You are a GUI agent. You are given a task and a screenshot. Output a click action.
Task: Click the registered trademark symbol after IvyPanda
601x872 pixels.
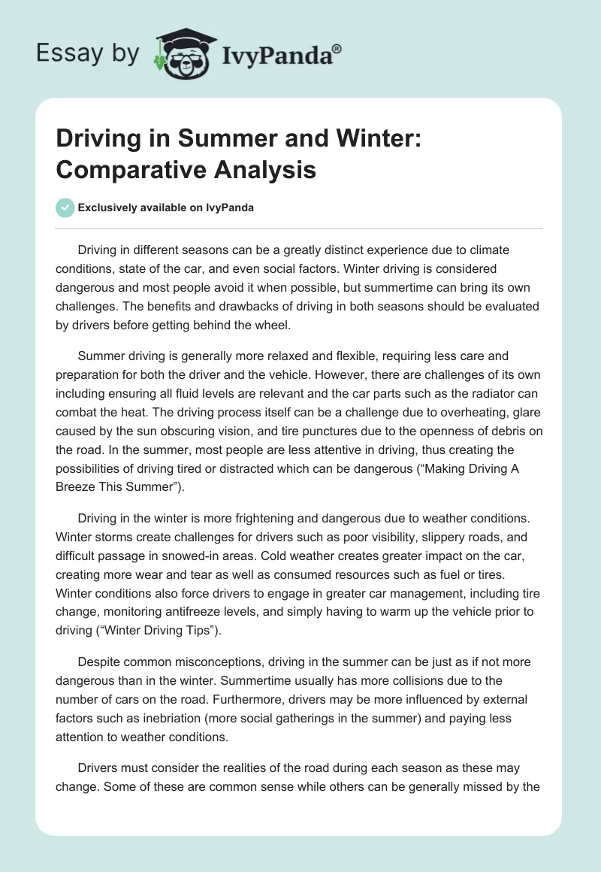pos(337,47)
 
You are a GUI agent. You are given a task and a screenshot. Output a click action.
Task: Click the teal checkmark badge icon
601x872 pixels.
pos(65,207)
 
